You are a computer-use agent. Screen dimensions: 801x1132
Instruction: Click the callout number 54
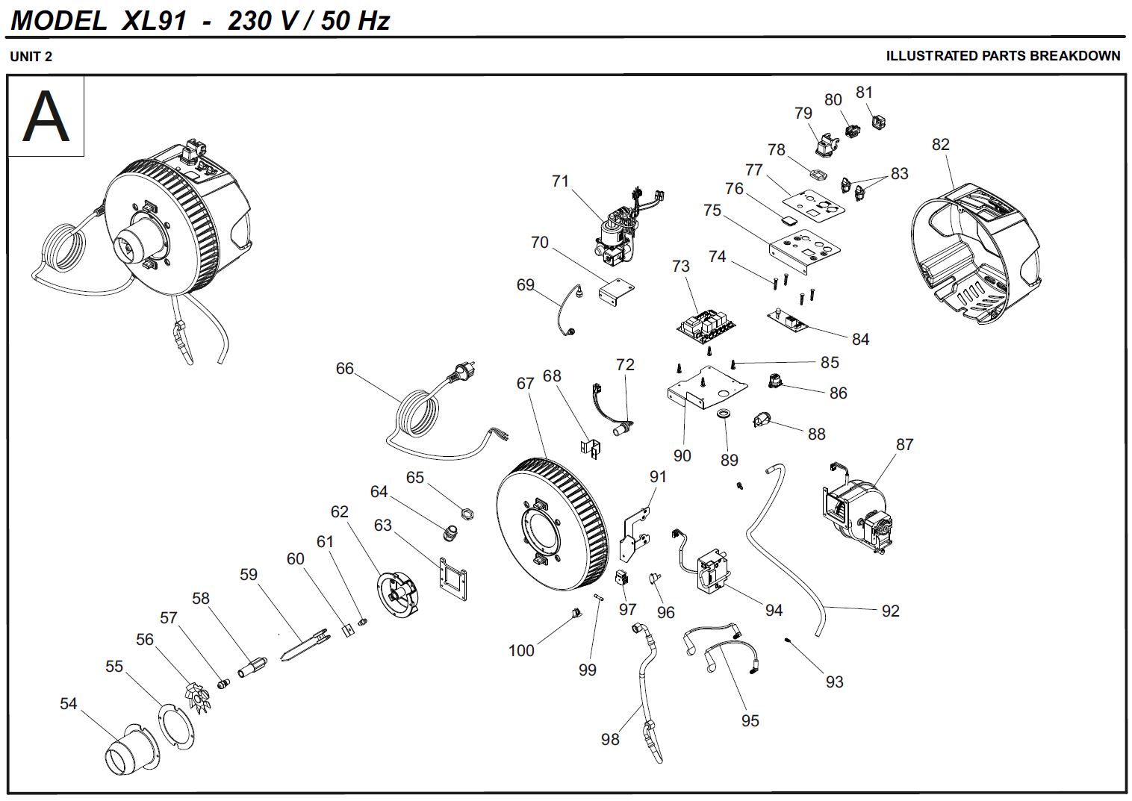point(68,703)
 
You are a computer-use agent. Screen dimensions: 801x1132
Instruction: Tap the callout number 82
point(940,144)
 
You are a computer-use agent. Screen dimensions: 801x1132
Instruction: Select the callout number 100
point(521,650)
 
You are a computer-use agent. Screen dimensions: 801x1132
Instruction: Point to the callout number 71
point(560,181)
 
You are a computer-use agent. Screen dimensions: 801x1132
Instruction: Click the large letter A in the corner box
point(46,116)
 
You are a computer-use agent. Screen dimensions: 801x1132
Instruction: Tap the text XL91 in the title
point(154,20)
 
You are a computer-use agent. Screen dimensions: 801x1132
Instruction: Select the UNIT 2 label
point(31,57)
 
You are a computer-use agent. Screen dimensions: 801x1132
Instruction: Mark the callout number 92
point(890,611)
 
